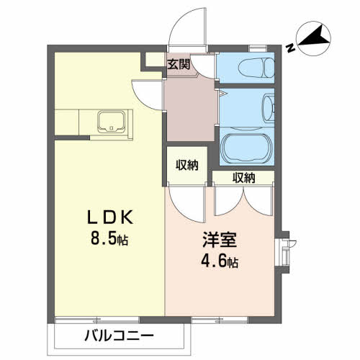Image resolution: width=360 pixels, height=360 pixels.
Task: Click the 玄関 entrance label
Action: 179,63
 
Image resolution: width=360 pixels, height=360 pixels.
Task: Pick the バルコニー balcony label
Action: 119,335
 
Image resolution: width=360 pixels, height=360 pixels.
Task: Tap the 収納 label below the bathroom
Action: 243,178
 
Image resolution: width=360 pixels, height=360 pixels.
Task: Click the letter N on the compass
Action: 289,49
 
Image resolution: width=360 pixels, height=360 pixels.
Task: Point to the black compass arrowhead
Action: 315,35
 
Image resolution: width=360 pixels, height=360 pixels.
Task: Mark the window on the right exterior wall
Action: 284,248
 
